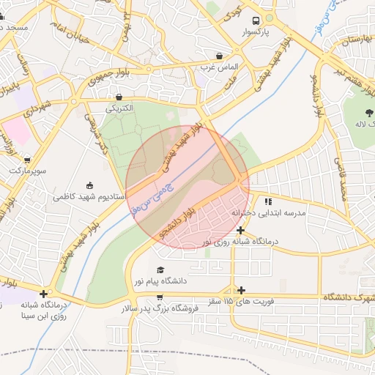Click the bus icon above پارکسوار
[x=256, y=21]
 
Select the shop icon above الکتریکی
[x=119, y=97]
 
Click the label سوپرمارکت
[x=27, y=171]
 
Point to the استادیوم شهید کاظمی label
[x=89, y=197]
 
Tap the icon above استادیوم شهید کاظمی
[x=89, y=185]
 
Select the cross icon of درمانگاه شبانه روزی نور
[x=241, y=230]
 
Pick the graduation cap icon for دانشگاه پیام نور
[x=160, y=270]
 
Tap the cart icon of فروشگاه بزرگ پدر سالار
[x=160, y=297]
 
